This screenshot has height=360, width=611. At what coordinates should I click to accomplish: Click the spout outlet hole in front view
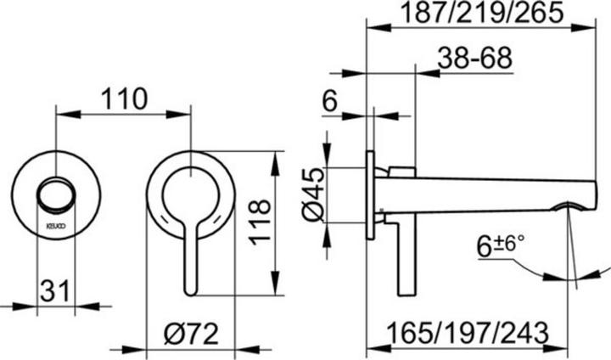pos(58,195)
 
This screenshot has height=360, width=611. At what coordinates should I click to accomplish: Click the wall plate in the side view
pos(372,195)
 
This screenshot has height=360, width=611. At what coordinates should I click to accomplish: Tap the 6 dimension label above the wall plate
pos(331,101)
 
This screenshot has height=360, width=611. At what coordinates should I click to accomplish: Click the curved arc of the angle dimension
pos(552,277)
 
